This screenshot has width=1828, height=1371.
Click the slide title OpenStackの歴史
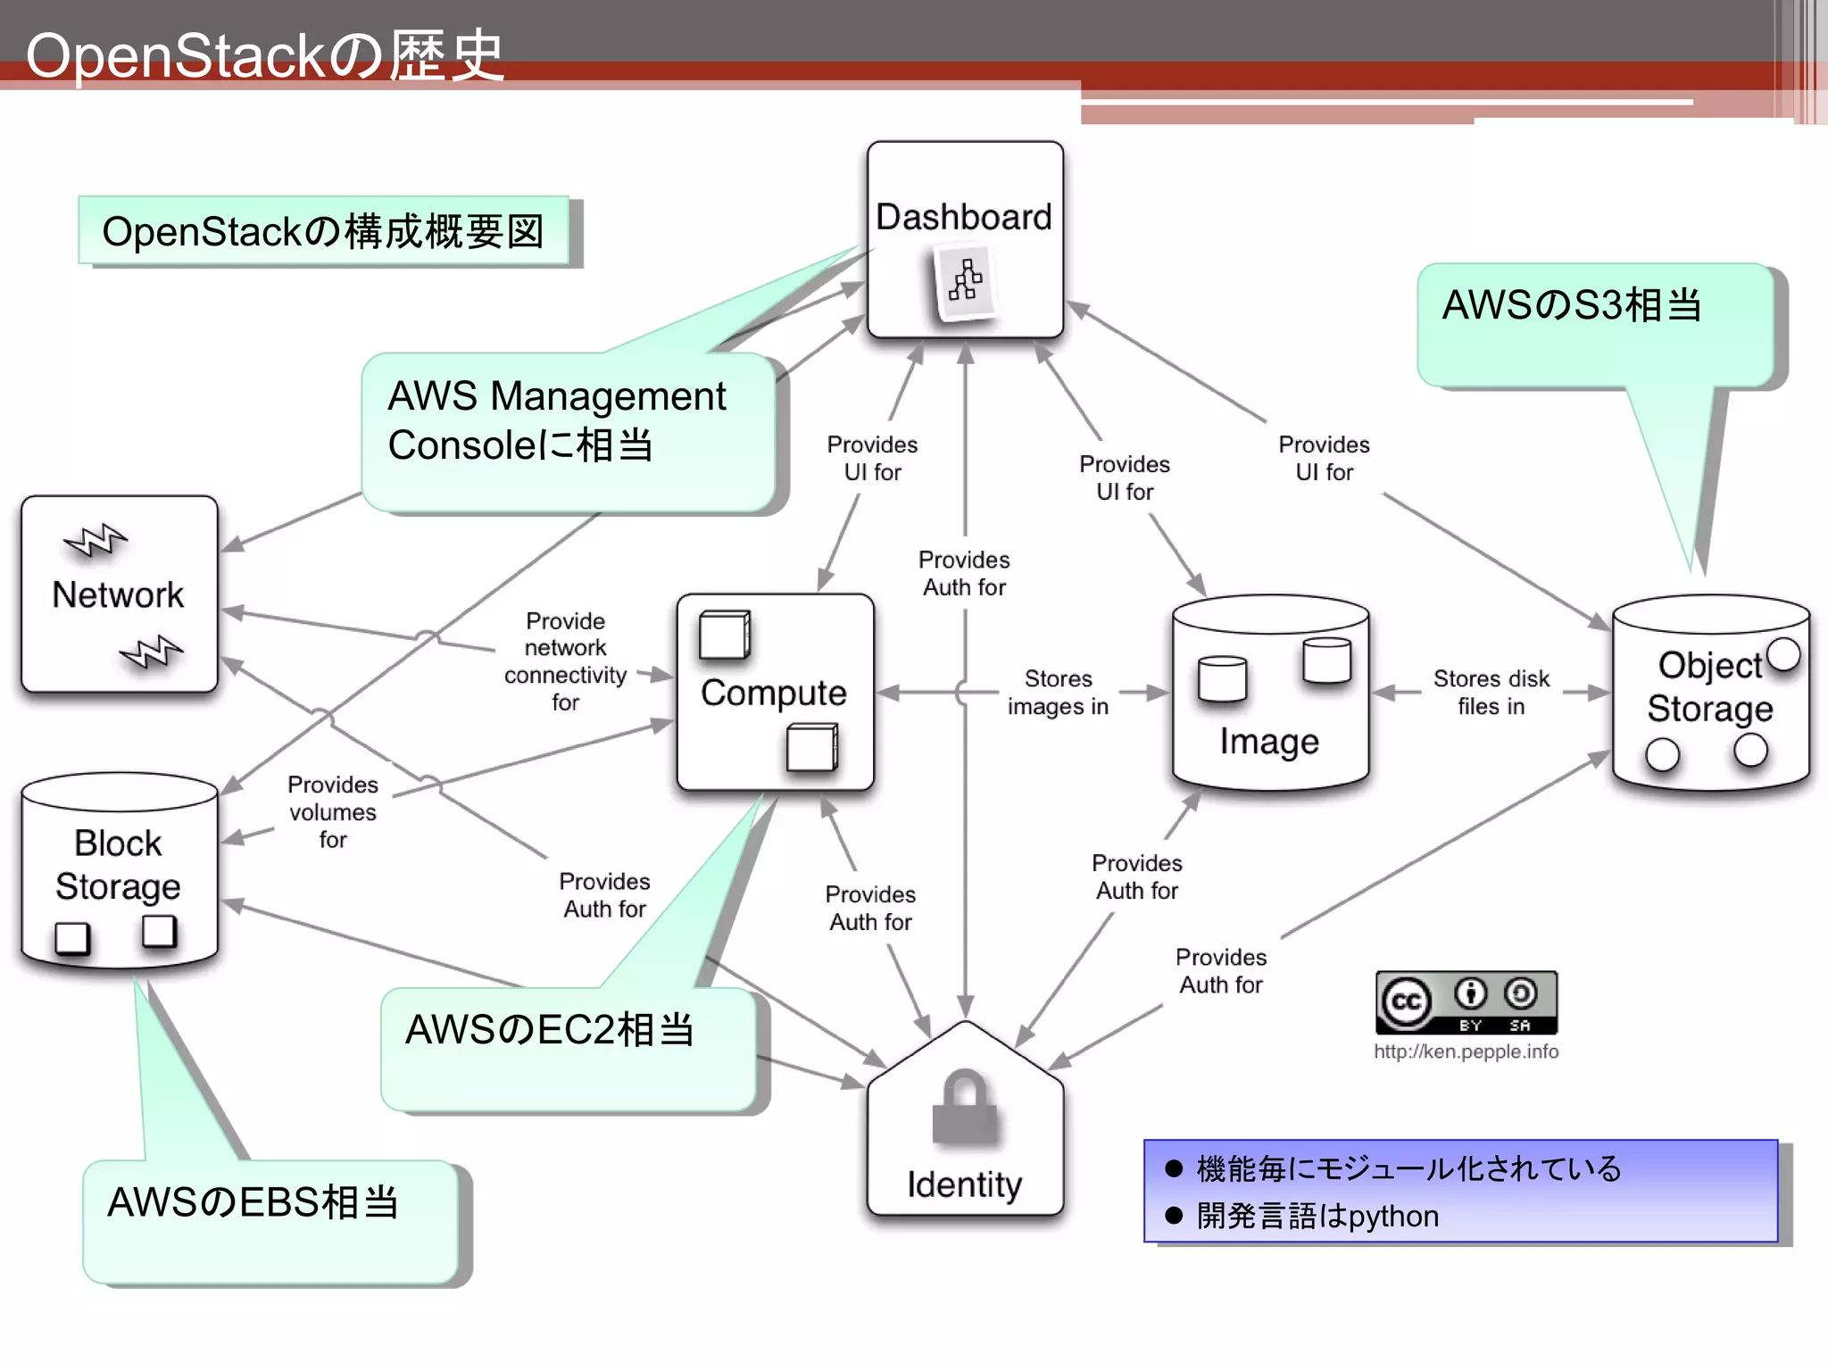[264, 55]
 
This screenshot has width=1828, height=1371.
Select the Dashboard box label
[963, 217]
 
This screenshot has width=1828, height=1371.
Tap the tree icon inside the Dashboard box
[965, 281]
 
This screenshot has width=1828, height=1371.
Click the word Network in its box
[118, 594]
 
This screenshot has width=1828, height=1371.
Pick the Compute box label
[773, 693]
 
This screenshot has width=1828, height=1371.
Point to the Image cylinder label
[1268, 742]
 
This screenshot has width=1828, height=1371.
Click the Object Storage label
[1709, 686]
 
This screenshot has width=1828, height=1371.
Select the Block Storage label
[118, 864]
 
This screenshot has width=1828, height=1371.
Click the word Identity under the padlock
[964, 1184]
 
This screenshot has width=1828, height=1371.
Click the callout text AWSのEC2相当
[549, 1030]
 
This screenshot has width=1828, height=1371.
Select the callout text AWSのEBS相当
[253, 1202]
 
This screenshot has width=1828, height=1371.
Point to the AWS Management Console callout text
[556, 420]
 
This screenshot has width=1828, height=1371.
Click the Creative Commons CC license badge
[1466, 1002]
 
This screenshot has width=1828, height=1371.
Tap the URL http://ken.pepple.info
[1466, 1051]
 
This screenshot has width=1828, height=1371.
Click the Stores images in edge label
[1058, 692]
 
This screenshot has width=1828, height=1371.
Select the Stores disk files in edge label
[1491, 692]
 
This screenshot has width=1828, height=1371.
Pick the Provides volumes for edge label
[333, 811]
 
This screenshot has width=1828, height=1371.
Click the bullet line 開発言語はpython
[1317, 1216]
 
